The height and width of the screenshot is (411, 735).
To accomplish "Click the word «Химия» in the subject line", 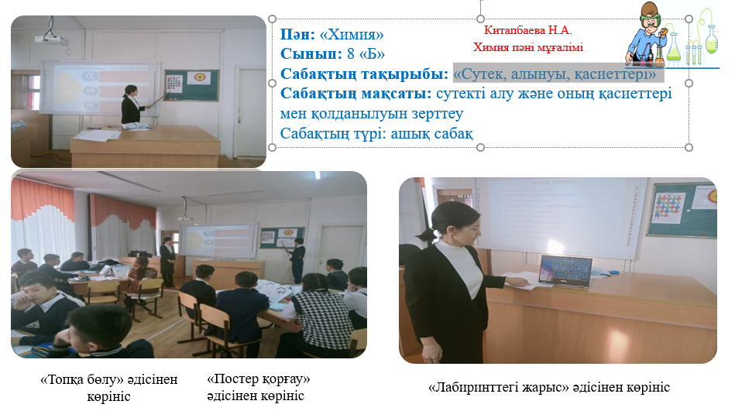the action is click(352, 34).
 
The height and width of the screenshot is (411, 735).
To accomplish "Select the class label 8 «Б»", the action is click(366, 54).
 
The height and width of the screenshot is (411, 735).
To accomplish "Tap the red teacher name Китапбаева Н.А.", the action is click(527, 30).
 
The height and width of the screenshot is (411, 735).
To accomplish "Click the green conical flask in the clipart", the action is click(673, 48).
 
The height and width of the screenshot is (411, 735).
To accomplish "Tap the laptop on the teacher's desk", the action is click(565, 272).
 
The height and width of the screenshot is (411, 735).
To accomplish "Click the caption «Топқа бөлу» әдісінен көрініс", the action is click(108, 388).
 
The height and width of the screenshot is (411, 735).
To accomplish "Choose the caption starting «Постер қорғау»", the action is click(258, 387).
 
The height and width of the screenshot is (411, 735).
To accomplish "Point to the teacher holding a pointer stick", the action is click(132, 104).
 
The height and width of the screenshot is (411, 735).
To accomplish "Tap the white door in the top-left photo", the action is click(251, 112).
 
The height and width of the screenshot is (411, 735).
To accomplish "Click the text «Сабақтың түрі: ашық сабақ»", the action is click(376, 134).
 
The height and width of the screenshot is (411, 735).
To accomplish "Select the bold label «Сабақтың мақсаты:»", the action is click(355, 94).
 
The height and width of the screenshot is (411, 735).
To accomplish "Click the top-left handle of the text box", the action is click(272, 19).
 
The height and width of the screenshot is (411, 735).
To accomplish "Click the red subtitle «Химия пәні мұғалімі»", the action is click(527, 47).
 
